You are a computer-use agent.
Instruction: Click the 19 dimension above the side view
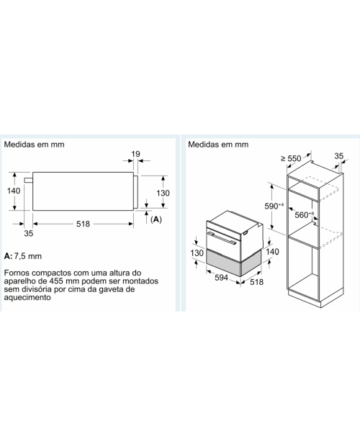pyautogui.click(x=136, y=154)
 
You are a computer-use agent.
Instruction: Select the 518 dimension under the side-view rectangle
pyautogui.click(x=83, y=224)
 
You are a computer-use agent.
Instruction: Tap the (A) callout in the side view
pyautogui.click(x=156, y=219)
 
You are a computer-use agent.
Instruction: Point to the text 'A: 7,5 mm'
pyautogui.click(x=23, y=256)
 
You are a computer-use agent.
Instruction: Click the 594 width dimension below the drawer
pyautogui.click(x=221, y=277)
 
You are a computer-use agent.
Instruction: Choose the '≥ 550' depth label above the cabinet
pyautogui.click(x=291, y=158)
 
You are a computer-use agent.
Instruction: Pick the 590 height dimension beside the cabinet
pyautogui.click(x=274, y=206)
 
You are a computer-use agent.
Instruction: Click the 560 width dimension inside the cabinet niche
pyautogui.click(x=305, y=214)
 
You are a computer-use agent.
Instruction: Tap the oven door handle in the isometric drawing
pyautogui.click(x=222, y=238)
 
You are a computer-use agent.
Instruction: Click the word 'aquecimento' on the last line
pyautogui.click(x=27, y=298)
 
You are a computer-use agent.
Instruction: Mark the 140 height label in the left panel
pyautogui.click(x=14, y=191)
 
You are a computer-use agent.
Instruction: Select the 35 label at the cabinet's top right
pyautogui.click(x=338, y=156)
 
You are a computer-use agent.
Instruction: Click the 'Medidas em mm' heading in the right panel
pyautogui.click(x=218, y=144)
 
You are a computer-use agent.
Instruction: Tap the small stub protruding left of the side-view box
pyautogui.click(x=29, y=180)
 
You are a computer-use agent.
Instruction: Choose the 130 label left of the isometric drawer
pyautogui.click(x=197, y=252)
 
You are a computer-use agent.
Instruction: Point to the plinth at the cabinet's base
pyautogui.click(x=316, y=299)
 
